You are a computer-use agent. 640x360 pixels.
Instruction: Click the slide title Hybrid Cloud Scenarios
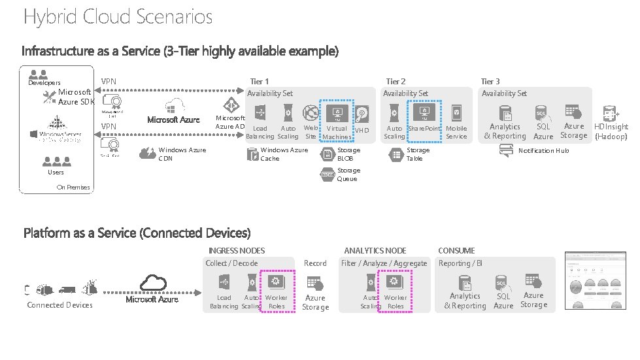pyautogui.click(x=118, y=16)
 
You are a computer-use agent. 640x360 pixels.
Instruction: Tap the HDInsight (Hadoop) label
pyautogui.click(x=611, y=131)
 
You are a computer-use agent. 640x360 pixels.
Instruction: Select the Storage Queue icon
pyautogui.click(x=328, y=174)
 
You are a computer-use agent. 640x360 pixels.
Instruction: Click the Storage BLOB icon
pyautogui.click(x=328, y=154)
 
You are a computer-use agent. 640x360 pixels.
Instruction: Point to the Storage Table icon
pyautogui.click(x=395, y=154)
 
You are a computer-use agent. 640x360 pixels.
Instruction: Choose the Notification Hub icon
pyautogui.click(x=505, y=151)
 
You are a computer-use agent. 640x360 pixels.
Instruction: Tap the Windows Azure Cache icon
pyautogui.click(x=252, y=154)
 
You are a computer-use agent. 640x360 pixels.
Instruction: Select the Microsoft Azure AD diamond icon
pyautogui.click(x=231, y=106)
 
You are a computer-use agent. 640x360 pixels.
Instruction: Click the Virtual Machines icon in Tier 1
pyautogui.click(x=337, y=112)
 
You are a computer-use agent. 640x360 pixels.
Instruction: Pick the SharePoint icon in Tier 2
pyautogui.click(x=424, y=112)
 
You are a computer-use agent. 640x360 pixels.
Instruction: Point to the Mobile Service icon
pyautogui.click(x=456, y=112)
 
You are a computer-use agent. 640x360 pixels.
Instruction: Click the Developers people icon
pyautogui.click(x=38, y=74)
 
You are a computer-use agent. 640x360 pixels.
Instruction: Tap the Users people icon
pyautogui.click(x=56, y=161)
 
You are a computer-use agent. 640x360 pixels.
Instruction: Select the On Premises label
pyautogui.click(x=73, y=188)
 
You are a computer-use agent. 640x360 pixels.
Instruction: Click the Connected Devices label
pyautogui.click(x=59, y=305)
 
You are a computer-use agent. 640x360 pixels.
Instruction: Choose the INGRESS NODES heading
pyautogui.click(x=237, y=250)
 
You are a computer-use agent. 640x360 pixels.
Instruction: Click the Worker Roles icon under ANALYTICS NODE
pyautogui.click(x=395, y=282)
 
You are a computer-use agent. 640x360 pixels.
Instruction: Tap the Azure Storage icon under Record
pyautogui.click(x=315, y=284)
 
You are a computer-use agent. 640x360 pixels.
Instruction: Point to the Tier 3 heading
pyautogui.click(x=490, y=81)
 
